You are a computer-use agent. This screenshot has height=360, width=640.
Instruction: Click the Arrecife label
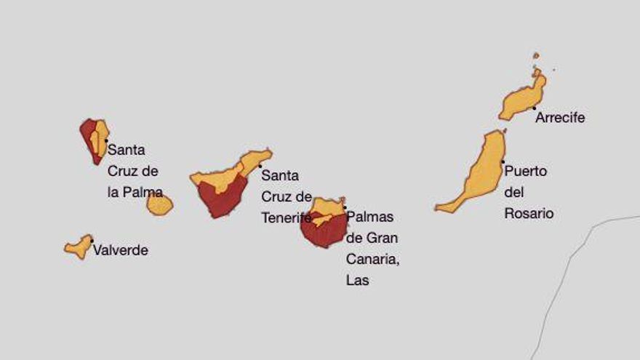tap(559, 118)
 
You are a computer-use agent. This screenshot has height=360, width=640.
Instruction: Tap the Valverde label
tap(120, 250)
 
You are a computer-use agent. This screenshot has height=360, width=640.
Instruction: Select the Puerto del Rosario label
tap(528, 193)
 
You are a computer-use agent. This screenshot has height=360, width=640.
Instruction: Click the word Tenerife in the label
tap(286, 217)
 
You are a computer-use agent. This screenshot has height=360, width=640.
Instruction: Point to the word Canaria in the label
tap(372, 259)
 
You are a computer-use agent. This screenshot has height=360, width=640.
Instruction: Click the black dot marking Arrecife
tap(534, 108)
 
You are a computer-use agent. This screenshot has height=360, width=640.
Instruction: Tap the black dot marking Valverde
tap(92, 241)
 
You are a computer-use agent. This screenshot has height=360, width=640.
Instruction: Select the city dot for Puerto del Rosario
tap(503, 161)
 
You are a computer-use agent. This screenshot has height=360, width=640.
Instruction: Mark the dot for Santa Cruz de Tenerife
tap(260, 166)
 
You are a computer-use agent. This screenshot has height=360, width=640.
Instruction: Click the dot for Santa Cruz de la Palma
tap(106, 140)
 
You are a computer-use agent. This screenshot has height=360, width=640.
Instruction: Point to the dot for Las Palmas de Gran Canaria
tap(344, 207)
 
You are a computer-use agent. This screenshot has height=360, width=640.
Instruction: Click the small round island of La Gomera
tap(159, 204)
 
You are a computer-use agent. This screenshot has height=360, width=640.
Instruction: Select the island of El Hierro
tap(79, 247)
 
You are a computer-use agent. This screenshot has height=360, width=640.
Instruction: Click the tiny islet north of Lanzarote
tap(536, 55)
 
